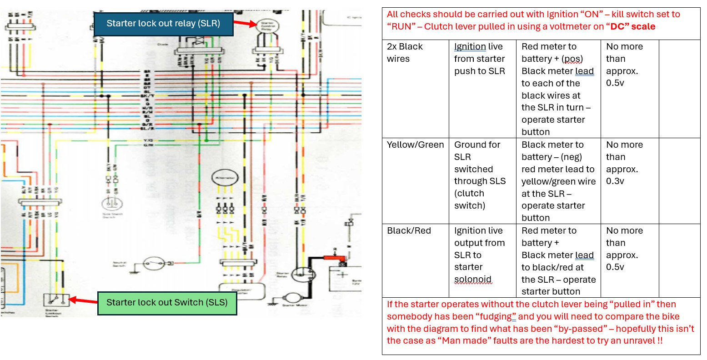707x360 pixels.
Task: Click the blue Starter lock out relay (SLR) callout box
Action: (x=163, y=24)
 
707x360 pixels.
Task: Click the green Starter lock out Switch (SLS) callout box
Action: (x=167, y=302)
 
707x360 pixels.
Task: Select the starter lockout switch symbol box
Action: (x=56, y=300)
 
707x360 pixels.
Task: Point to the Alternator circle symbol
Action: (x=224, y=178)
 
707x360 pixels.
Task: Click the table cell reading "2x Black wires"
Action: (x=405, y=53)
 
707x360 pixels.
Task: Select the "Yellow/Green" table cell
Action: (x=415, y=145)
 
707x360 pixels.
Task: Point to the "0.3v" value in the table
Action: (x=615, y=181)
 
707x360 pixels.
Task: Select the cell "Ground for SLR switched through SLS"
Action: (x=480, y=175)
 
